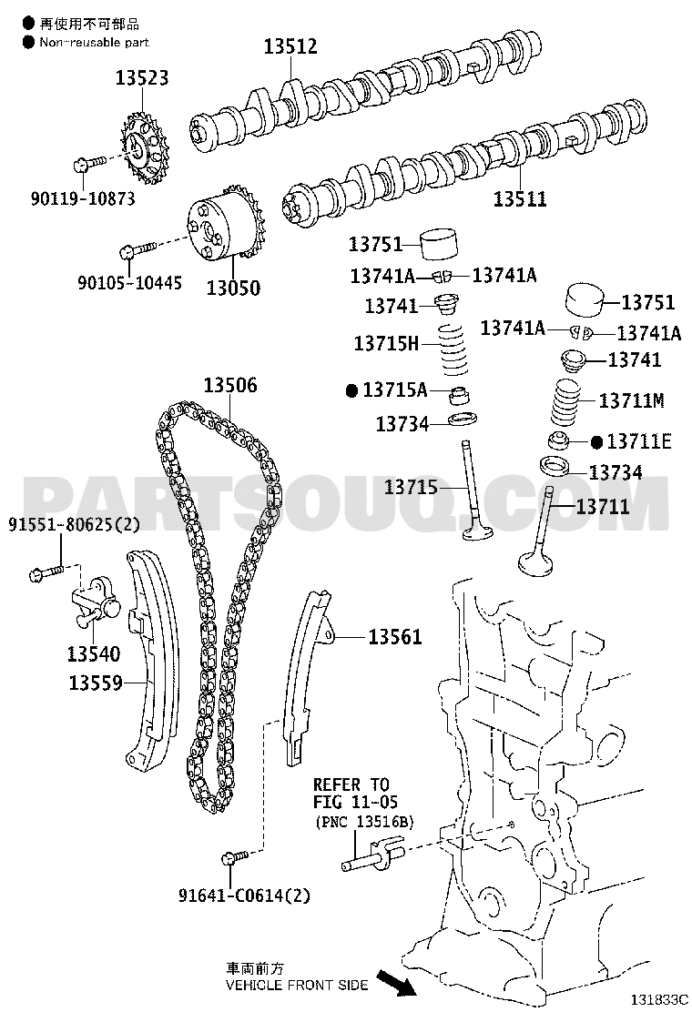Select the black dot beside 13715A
point(351,391)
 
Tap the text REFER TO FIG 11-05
point(351,793)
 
